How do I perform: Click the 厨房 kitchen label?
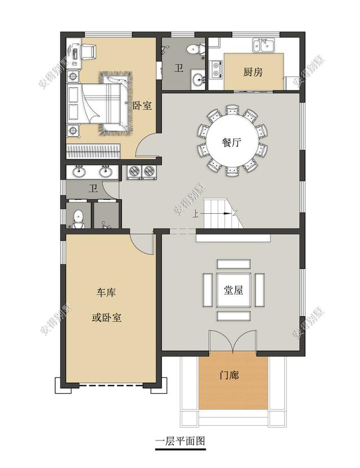click(x=253, y=72)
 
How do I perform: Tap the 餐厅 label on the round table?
click(x=231, y=142)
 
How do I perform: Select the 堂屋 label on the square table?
click(x=233, y=290)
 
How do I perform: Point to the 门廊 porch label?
click(x=229, y=375)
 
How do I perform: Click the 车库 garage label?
click(x=106, y=292)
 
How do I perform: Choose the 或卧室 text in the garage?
click(x=106, y=318)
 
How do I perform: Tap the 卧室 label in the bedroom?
click(x=142, y=105)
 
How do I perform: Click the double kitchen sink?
click(x=263, y=46)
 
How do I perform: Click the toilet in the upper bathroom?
click(x=195, y=48)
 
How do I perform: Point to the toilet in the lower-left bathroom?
click(x=78, y=219)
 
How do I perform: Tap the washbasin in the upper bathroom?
click(x=197, y=79)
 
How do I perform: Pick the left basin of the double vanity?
click(x=79, y=172)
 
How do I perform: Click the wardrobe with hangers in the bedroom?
click(x=93, y=151)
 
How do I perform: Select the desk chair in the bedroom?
click(x=88, y=51)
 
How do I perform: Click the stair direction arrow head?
click(x=227, y=213)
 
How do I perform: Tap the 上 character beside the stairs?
click(x=196, y=214)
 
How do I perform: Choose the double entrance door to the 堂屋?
click(x=232, y=341)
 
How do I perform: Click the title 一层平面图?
click(x=181, y=441)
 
